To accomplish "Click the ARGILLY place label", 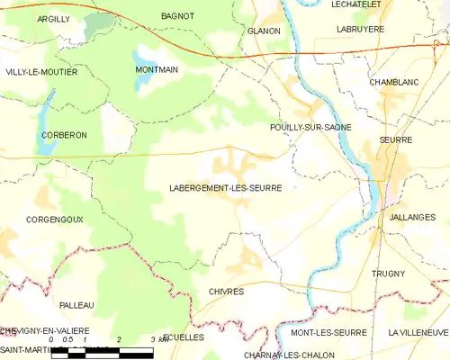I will coord(54,18).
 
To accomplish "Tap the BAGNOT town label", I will coord(176,16).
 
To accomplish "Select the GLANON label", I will coord(264,31).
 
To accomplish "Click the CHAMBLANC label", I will coord(394,82).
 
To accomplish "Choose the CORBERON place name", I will coord(63,134).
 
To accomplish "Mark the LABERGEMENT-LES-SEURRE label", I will coord(225,188).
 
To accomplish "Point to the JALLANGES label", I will coord(413,217).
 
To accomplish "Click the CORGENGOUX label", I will coord(55,219).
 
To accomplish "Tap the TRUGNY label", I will coord(388,273).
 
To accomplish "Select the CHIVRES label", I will coord(226,292).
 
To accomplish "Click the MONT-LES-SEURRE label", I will coord(328,332).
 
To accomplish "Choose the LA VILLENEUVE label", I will coord(418,332).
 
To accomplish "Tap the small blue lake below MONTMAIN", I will coord(141,84).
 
